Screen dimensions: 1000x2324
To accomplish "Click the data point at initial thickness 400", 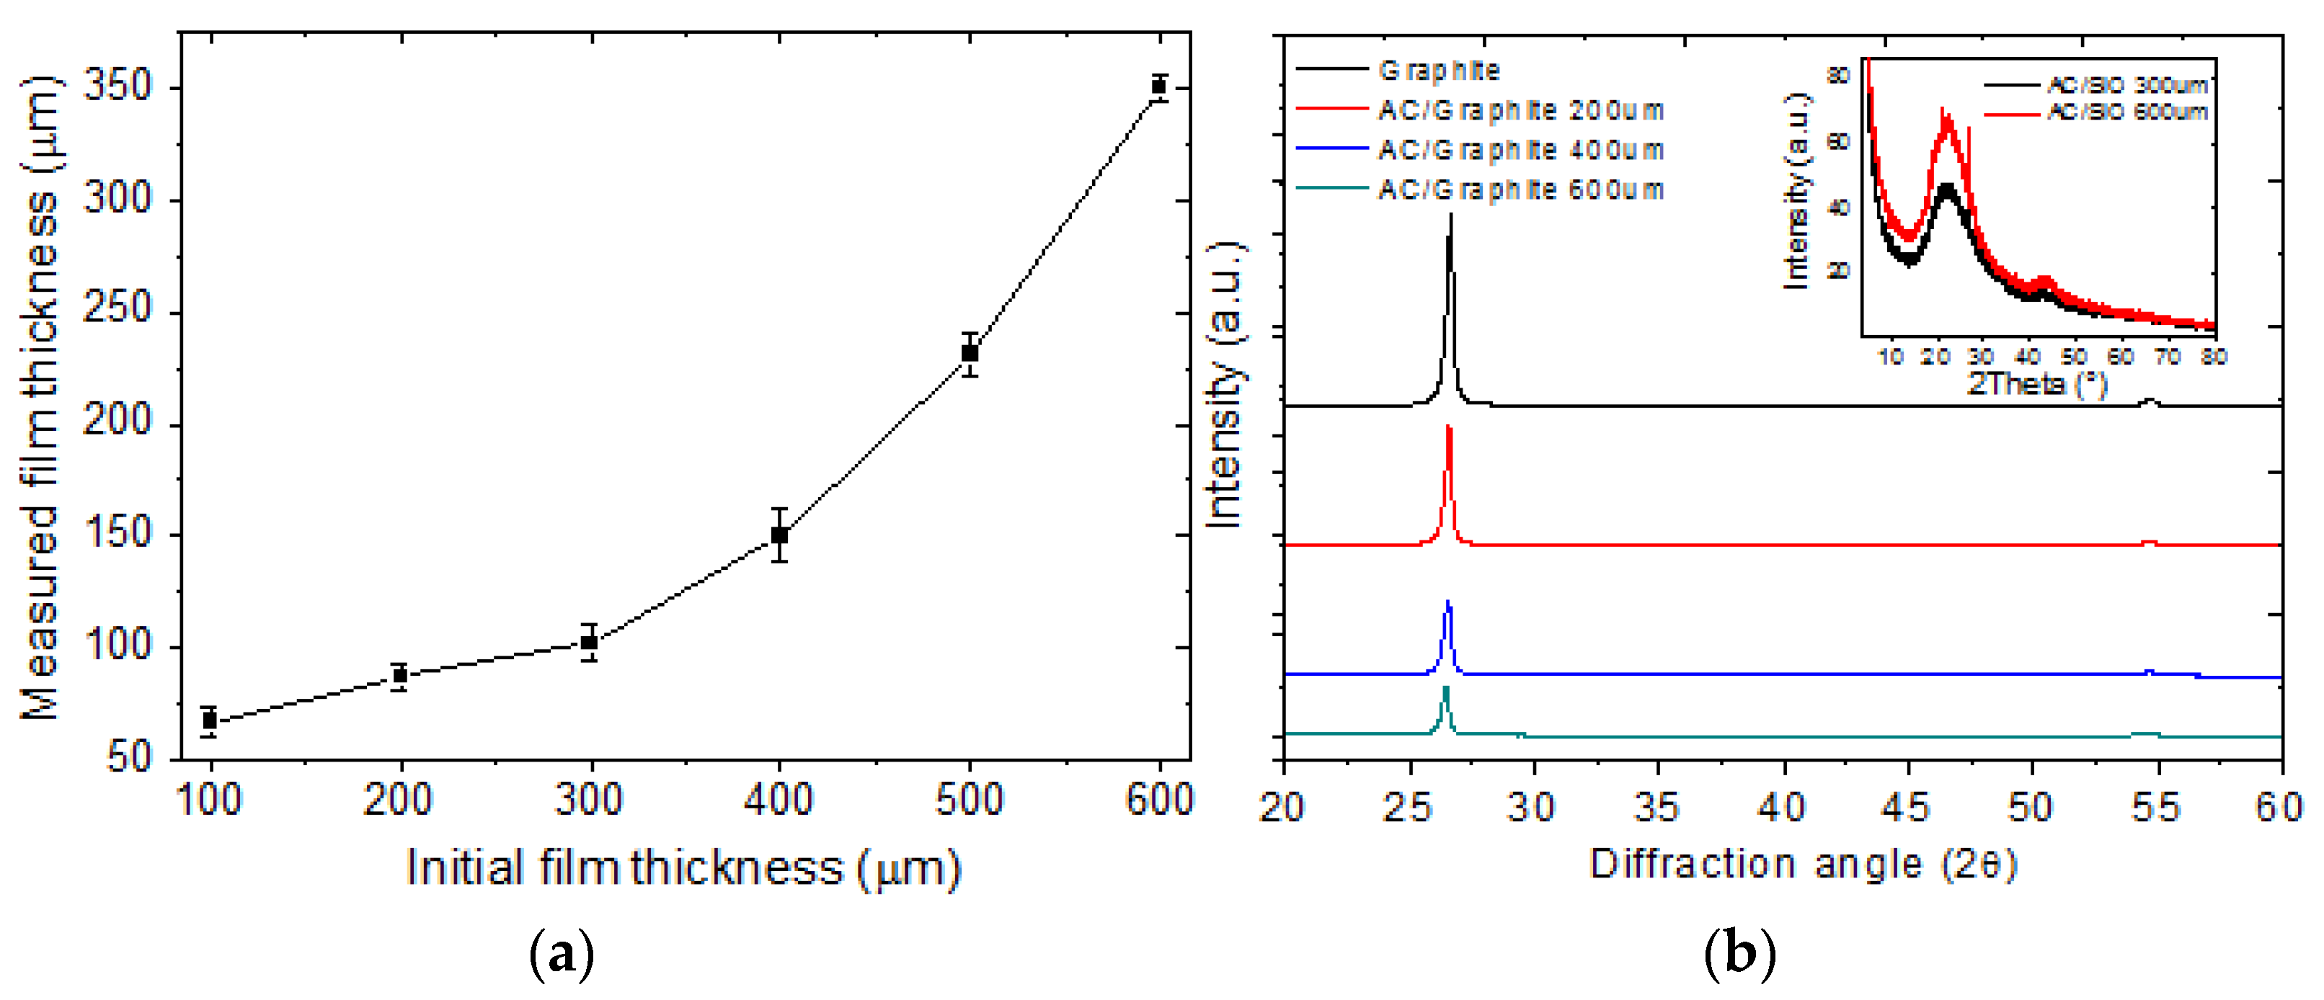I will (779, 535).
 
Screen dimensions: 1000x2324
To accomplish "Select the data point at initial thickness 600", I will (1159, 86).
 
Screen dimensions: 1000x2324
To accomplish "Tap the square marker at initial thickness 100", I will (209, 720).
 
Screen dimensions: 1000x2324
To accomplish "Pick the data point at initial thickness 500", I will (970, 352).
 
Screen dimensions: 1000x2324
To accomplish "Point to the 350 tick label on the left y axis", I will (118, 86).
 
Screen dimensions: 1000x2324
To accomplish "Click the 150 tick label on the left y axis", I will (118, 533).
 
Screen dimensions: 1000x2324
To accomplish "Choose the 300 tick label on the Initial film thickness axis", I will (589, 800).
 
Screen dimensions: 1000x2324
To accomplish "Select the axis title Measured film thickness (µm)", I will (40, 397).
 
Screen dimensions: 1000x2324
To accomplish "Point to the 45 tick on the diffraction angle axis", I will (1907, 807).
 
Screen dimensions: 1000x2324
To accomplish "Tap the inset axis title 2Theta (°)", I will (2036, 383).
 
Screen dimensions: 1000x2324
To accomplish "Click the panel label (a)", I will (561, 953).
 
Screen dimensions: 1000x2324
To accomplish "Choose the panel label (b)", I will (1739, 953).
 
